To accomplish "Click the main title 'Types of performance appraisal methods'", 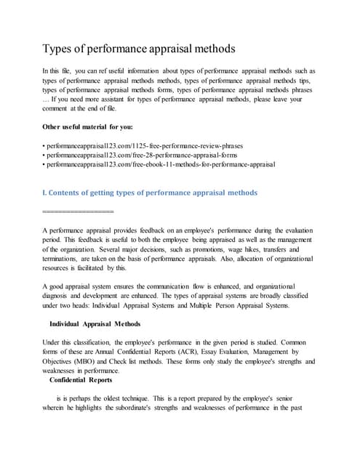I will (x=139, y=49).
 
